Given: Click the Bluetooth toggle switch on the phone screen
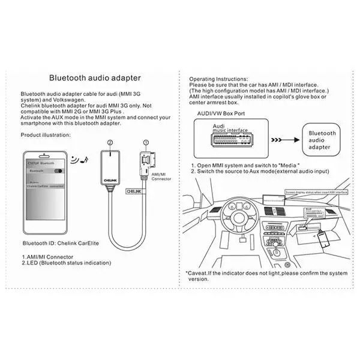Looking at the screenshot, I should pyautogui.click(x=58, y=171).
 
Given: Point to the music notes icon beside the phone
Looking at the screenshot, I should pyautogui.click(x=77, y=160).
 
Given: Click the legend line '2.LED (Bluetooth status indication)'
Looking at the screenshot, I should pyautogui.click(x=66, y=263).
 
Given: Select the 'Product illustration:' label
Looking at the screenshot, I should pyautogui.click(x=45, y=135).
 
